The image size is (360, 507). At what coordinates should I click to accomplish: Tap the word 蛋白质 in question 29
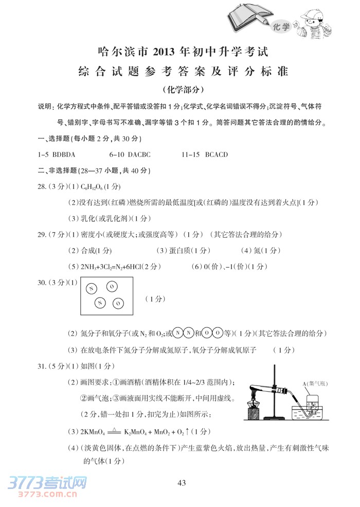point(175,251)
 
